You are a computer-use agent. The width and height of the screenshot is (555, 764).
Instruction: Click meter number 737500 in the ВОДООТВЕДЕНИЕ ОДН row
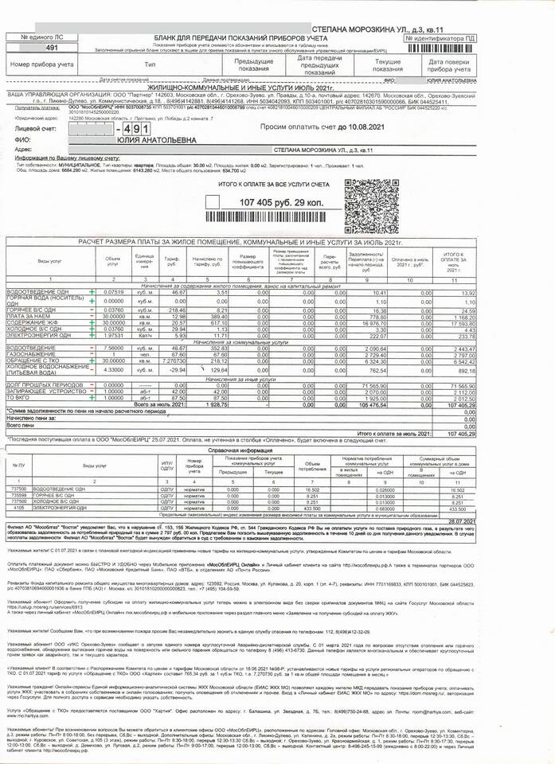point(25,489)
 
